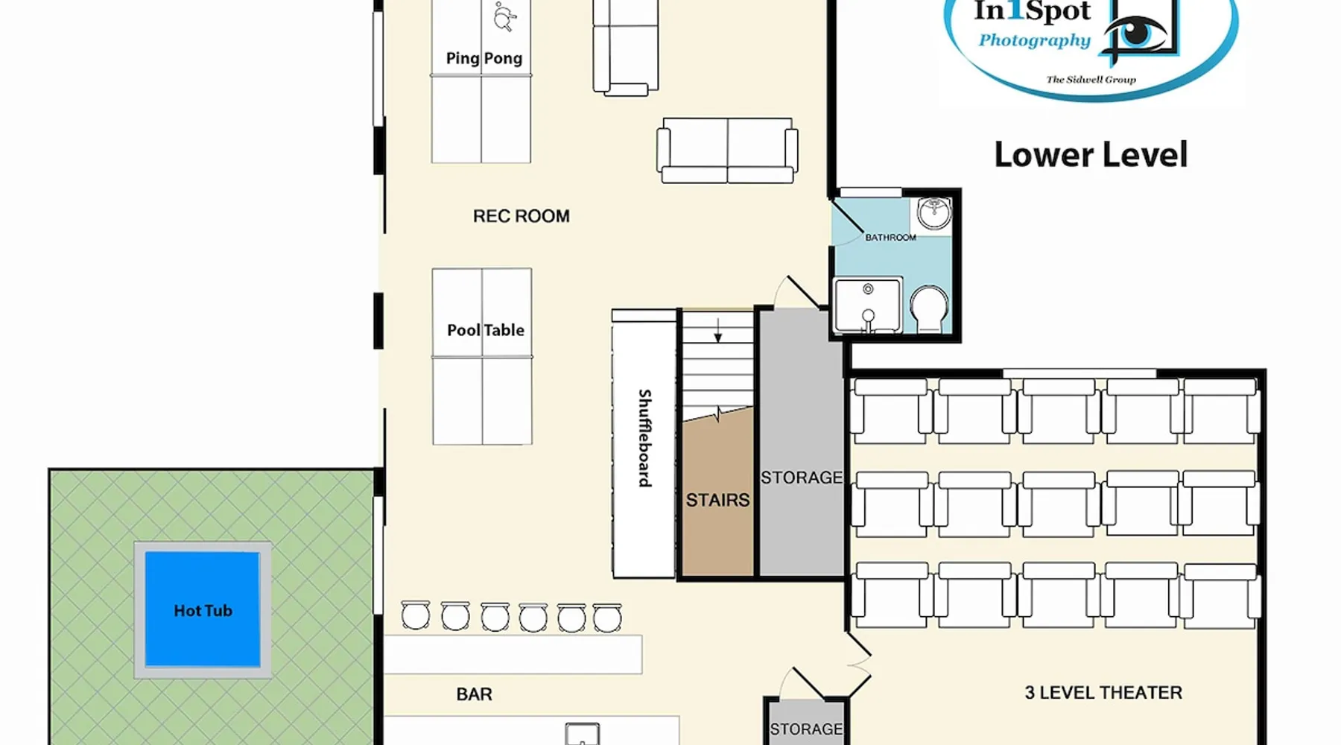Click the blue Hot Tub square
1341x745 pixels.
203,609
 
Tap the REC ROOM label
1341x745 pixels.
521,216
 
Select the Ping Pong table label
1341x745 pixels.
484,58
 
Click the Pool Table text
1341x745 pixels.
486,330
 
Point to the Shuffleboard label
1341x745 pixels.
644,438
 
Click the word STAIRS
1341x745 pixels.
717,500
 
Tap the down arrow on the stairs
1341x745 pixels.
717,329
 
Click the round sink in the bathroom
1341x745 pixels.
933,213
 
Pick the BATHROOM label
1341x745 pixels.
890,238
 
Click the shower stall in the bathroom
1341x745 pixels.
868,305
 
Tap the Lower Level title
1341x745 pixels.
1091,155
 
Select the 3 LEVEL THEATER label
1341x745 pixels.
1103,693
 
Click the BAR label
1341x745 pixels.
474,694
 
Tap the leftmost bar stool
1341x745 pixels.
415,615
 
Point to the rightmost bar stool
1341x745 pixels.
607,618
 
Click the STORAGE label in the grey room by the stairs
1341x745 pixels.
802,478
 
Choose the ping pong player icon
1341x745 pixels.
505,16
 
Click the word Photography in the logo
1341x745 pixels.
1034,41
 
